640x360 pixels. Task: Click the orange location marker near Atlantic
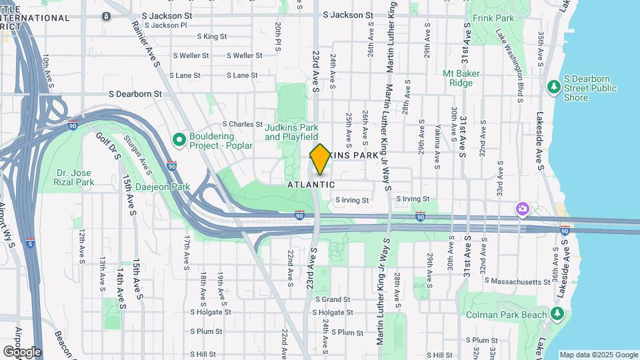(x=320, y=159)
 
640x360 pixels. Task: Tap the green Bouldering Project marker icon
(x=179, y=140)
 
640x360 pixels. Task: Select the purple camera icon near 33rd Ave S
(x=523, y=210)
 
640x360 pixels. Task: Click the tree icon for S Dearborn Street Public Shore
(x=553, y=87)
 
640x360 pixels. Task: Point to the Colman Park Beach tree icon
(x=557, y=314)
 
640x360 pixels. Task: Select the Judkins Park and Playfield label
(x=291, y=132)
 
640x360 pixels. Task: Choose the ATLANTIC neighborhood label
(x=311, y=185)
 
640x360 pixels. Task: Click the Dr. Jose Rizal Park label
(x=74, y=177)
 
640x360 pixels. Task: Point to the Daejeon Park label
(x=163, y=187)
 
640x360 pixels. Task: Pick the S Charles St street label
(x=242, y=124)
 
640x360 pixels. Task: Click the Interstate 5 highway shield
(x=31, y=243)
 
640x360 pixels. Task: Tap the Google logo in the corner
(x=22, y=351)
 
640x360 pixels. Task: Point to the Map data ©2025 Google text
(x=598, y=355)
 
